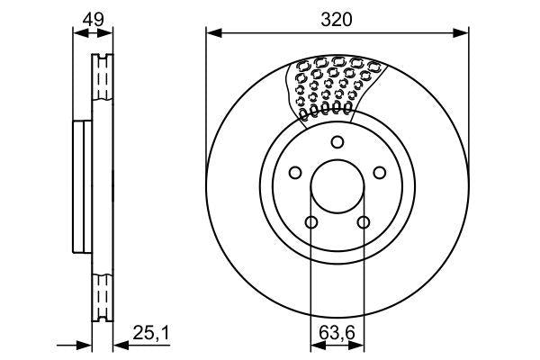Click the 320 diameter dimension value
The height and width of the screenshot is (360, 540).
click(337, 19)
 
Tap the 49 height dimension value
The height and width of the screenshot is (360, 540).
click(93, 19)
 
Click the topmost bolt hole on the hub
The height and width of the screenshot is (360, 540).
click(337, 141)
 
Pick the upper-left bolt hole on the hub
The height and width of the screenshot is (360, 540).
click(294, 173)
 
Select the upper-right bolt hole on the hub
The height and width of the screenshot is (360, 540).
click(381, 173)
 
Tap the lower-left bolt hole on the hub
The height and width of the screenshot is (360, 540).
click(310, 223)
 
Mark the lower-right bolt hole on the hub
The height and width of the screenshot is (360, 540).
click(364, 223)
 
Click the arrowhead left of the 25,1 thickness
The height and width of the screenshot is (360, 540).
click(87, 343)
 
